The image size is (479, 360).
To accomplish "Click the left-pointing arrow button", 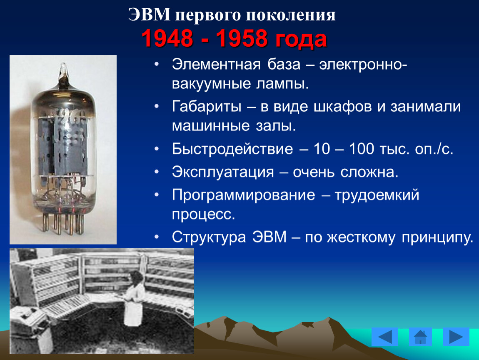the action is click(384, 337).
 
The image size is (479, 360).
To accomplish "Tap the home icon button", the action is click(420, 337).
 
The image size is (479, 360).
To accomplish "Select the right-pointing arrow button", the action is click(456, 337).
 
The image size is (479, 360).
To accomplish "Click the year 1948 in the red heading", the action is click(167, 38).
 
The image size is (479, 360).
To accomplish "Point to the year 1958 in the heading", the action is click(242, 38).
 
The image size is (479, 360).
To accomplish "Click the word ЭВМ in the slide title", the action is click(149, 14).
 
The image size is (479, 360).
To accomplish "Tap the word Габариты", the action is click(207, 107).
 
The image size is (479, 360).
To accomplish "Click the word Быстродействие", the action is click(232, 149).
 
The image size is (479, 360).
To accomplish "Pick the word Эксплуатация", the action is click(223, 172).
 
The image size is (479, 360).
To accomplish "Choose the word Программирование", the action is click(244, 195).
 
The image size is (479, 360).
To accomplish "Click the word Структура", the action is click(209, 237).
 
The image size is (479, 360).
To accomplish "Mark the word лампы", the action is click(282, 84).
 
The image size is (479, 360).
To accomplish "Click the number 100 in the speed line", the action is click(362, 149).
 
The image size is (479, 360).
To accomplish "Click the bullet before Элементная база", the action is click(157, 64).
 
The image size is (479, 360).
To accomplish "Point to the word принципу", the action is click(437, 237).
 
